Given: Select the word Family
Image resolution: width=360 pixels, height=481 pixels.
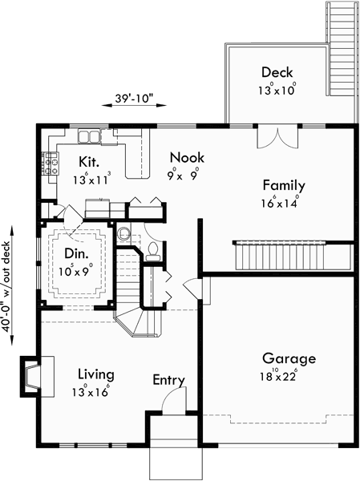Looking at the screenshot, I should [x=284, y=185].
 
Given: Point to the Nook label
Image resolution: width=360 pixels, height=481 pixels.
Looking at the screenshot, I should [x=183, y=159].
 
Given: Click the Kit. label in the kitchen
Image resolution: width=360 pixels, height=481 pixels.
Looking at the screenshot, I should [x=89, y=161].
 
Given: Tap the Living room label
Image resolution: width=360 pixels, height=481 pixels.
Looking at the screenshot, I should [x=95, y=374].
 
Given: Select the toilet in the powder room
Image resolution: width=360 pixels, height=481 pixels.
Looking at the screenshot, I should [x=152, y=251].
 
